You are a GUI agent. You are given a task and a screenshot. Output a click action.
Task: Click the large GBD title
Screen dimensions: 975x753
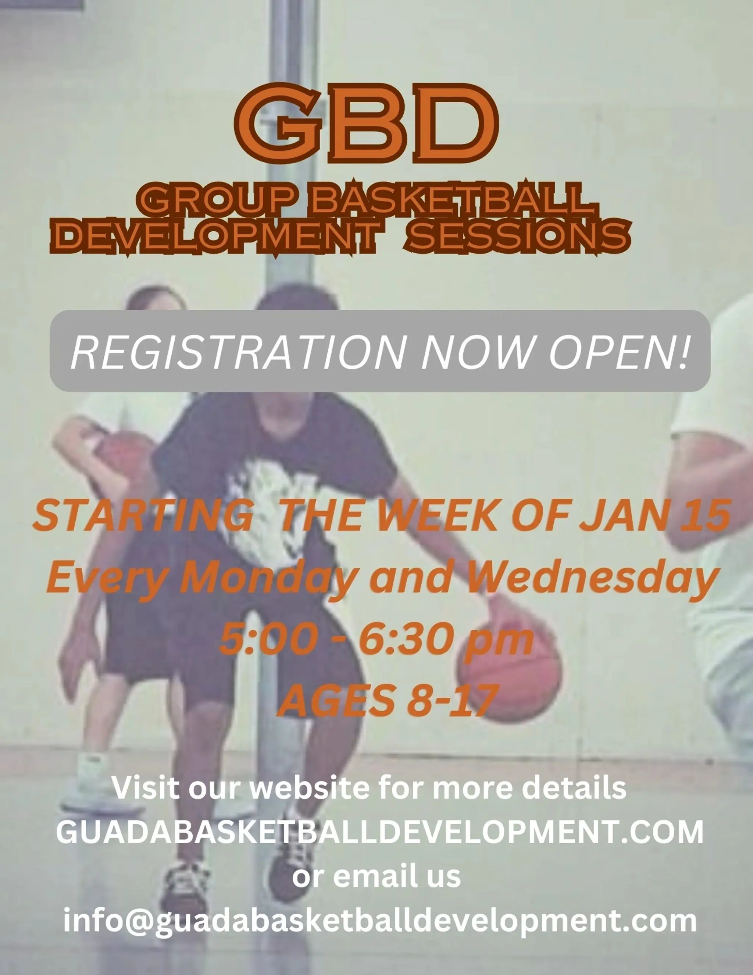[x=366, y=124]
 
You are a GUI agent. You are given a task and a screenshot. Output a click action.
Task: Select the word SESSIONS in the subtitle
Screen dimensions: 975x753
[x=518, y=235]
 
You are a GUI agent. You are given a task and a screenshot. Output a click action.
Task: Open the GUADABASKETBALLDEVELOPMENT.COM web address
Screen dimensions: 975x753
[x=379, y=832]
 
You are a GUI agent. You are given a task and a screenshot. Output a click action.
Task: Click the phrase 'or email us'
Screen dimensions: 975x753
[x=376, y=876]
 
